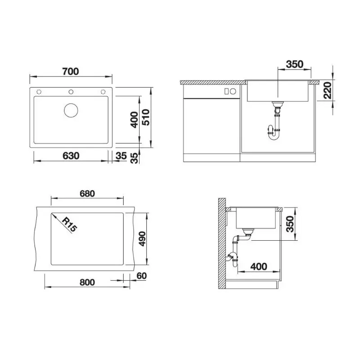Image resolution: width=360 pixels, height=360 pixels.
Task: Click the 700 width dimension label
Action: click(x=71, y=72)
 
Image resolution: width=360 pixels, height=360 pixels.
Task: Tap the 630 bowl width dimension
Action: click(x=71, y=156)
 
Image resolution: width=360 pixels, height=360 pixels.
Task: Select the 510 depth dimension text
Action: click(x=145, y=117)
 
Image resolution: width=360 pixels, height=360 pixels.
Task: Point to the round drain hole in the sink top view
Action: click(x=71, y=110)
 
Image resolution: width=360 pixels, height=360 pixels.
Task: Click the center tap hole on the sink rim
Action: click(x=71, y=92)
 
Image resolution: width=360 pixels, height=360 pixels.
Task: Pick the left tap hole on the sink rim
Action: click(x=39, y=92)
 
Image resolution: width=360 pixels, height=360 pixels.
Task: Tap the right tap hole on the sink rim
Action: click(x=103, y=92)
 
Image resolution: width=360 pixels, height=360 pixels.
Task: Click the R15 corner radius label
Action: click(x=70, y=225)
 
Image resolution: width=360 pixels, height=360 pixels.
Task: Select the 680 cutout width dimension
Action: click(x=87, y=193)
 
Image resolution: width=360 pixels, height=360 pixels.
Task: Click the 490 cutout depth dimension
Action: click(x=142, y=239)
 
